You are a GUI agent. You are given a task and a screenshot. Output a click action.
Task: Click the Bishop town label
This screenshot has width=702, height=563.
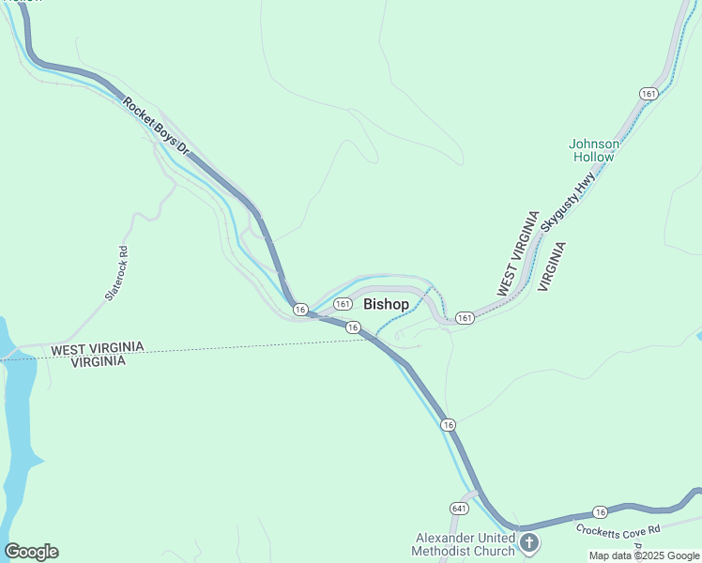click(x=386, y=304)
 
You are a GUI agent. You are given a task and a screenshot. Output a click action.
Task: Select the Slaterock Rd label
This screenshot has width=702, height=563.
click(x=116, y=273)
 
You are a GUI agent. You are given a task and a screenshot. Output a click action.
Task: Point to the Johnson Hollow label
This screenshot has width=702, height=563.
click(x=594, y=150)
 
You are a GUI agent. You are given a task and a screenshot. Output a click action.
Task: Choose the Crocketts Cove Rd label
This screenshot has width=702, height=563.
click(x=619, y=529)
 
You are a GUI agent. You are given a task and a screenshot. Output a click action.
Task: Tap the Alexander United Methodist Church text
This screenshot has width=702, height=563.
click(x=465, y=544)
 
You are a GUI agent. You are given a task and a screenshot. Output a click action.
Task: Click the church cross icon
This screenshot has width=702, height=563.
click(x=529, y=543)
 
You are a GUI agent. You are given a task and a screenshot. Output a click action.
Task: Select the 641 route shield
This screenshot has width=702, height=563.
click(x=458, y=508)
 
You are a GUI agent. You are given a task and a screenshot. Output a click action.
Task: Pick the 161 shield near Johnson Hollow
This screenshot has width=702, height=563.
click(x=649, y=93)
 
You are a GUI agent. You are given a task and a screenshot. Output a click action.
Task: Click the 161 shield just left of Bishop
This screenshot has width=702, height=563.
click(x=343, y=304)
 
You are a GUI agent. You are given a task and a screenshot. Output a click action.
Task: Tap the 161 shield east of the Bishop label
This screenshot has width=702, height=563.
click(x=465, y=319)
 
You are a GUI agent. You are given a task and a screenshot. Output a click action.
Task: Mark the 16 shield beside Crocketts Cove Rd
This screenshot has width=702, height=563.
click(x=601, y=511)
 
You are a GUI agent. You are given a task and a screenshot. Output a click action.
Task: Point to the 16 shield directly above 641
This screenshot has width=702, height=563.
click(x=450, y=425)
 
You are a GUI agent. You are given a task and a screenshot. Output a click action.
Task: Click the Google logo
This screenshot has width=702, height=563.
click(x=31, y=552)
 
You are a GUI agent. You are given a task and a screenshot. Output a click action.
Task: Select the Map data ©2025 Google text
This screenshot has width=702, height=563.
click(x=644, y=555)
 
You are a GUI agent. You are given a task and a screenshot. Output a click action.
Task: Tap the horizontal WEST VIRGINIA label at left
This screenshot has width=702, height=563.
click(x=98, y=348)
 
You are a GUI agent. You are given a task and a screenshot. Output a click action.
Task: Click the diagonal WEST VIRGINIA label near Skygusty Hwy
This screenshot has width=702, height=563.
click(x=518, y=255)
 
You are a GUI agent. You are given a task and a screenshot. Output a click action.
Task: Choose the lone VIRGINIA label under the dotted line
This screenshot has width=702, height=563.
click(x=99, y=362)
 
